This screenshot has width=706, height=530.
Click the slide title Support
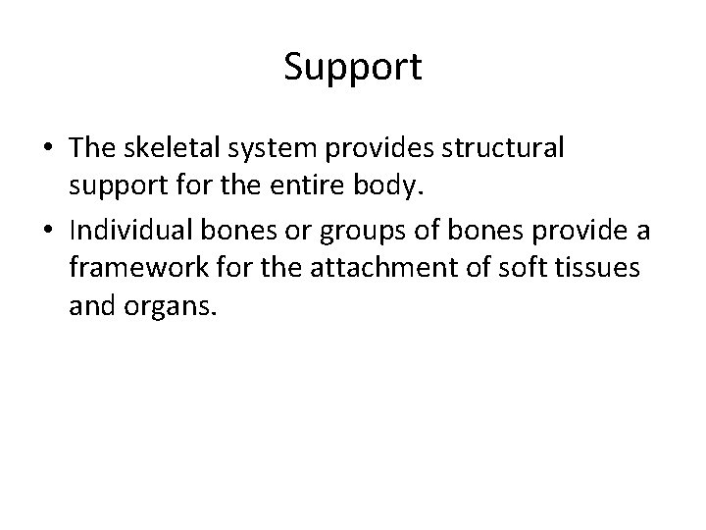(353, 67)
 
